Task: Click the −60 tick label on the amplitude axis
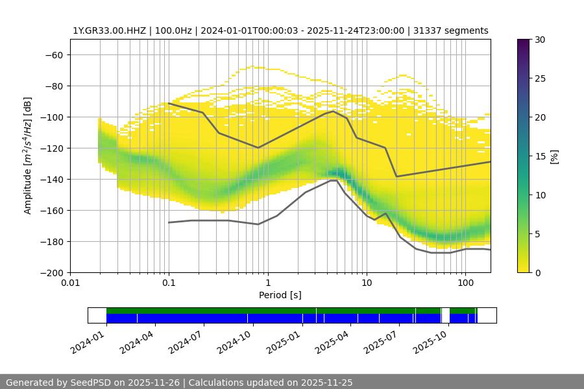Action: point(53,54)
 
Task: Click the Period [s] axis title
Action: point(280,295)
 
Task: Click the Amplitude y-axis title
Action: point(27,156)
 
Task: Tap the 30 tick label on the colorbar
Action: point(539,40)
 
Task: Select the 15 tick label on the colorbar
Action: point(539,156)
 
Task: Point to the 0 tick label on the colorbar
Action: point(536,272)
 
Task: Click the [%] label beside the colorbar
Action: point(554,156)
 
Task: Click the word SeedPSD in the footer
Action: point(89,383)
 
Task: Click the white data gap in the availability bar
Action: point(445,315)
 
